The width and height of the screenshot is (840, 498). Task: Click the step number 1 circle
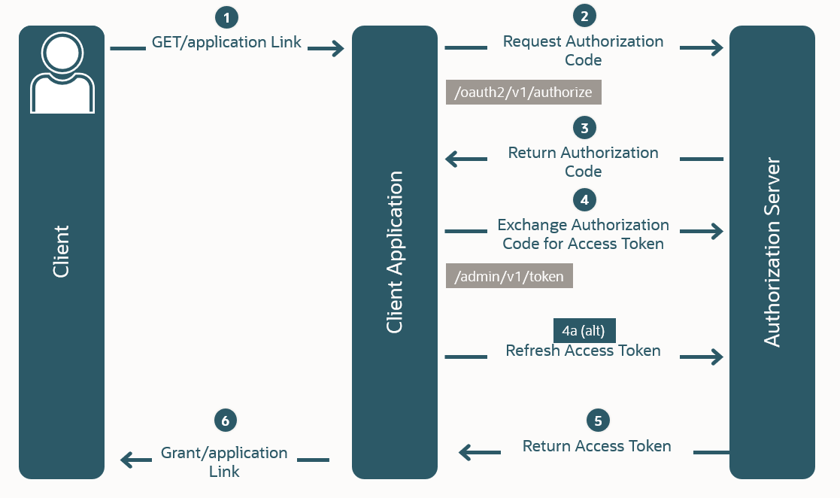click(226, 17)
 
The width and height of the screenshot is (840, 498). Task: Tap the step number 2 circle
click(584, 16)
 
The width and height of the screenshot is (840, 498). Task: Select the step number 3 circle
click(584, 126)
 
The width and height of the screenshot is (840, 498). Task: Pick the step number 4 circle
click(584, 199)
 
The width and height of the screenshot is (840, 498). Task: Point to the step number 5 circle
click(598, 421)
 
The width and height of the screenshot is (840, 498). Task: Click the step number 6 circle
click(225, 421)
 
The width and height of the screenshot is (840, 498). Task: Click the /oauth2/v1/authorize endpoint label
click(523, 93)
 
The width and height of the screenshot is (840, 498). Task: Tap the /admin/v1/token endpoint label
click(509, 276)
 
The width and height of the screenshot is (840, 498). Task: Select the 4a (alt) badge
click(584, 330)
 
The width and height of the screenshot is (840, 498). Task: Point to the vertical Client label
click(62, 251)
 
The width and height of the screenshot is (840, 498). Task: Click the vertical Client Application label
click(394, 252)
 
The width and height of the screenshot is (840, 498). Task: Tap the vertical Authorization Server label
click(772, 252)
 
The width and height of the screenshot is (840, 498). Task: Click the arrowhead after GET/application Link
click(335, 49)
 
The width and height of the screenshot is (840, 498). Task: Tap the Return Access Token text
click(597, 446)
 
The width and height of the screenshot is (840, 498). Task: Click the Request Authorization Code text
click(584, 50)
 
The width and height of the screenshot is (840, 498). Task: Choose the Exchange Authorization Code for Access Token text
click(584, 234)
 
